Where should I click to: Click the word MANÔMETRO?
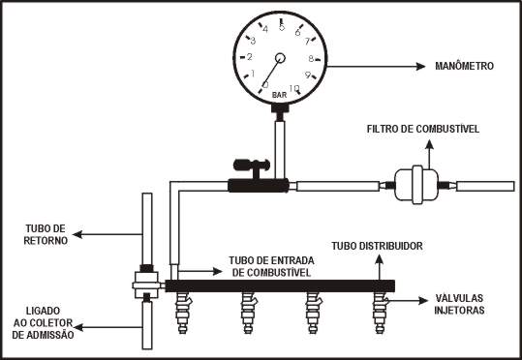(465, 66)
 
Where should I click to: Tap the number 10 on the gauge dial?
(294, 88)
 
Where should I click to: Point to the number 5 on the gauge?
(282, 28)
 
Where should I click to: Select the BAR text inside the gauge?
(279, 95)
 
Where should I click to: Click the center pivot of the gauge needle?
(280, 58)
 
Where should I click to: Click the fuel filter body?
(416, 185)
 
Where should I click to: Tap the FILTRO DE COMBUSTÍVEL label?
(423, 129)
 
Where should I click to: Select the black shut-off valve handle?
(252, 165)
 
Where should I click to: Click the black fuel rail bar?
(280, 285)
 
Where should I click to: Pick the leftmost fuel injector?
(183, 312)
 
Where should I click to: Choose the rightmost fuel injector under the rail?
(380, 312)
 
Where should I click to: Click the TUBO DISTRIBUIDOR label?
(377, 246)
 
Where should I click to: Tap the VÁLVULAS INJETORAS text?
(459, 304)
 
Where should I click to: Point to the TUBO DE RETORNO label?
(46, 234)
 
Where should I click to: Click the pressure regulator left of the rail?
(146, 285)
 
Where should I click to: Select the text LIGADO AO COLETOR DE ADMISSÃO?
(43, 322)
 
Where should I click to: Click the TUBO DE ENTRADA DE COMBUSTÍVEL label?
(271, 266)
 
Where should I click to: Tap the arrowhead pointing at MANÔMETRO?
(420, 66)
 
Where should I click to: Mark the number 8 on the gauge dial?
(311, 59)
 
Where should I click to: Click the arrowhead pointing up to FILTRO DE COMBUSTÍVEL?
(429, 144)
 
